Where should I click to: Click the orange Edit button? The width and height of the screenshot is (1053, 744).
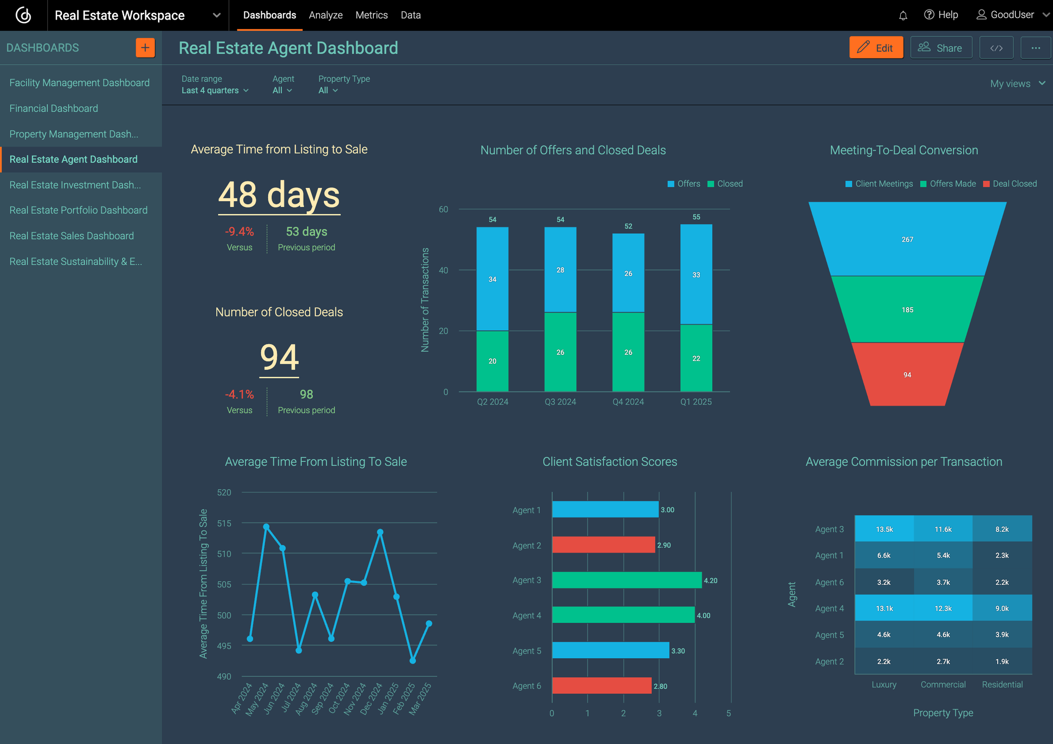876,48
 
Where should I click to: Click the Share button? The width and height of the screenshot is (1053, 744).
940,48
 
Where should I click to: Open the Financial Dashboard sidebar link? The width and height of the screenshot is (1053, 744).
54,108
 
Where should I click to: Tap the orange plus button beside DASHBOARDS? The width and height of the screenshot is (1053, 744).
145,48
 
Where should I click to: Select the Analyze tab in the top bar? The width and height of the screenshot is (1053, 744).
325,15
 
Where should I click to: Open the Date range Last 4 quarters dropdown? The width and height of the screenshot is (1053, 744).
215,91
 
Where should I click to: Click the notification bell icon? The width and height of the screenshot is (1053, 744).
903,15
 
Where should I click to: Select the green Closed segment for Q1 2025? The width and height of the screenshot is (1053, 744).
696,358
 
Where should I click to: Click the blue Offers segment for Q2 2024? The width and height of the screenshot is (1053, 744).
492,279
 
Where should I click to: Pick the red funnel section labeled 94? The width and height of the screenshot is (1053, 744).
907,374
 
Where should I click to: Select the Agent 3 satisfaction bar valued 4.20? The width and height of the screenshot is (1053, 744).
627,580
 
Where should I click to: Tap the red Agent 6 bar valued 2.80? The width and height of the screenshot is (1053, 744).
601,686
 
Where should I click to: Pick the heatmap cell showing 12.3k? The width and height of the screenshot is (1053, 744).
943,608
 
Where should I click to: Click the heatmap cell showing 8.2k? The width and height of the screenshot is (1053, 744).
1001,529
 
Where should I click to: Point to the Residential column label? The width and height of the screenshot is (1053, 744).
1002,685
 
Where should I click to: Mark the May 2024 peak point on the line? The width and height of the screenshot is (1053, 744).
266,527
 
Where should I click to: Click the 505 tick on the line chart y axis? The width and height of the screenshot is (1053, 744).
224,584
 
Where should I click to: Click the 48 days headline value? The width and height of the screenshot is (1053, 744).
279,195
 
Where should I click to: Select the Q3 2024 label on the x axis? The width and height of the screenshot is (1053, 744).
560,402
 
